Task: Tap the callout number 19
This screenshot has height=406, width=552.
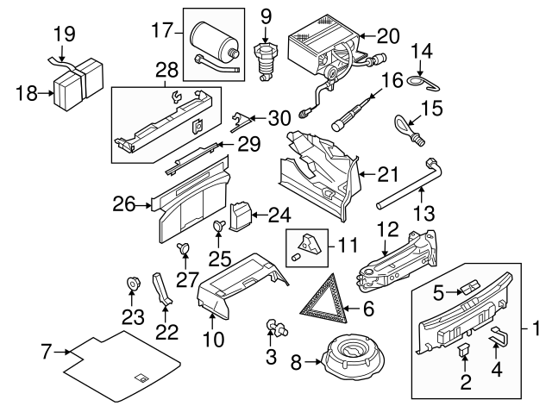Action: (x=65, y=34)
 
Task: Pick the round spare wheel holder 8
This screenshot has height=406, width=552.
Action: (x=353, y=354)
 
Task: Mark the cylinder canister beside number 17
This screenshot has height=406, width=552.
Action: (x=210, y=40)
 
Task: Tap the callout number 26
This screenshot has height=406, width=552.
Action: (x=125, y=204)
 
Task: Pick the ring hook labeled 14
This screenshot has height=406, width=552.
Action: (x=418, y=82)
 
